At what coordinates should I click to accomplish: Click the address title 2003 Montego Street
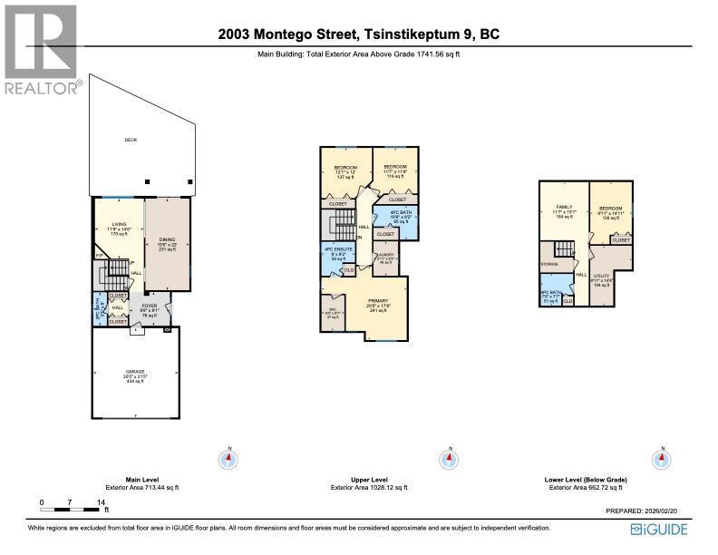[359, 35]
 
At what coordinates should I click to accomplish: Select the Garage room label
[135, 373]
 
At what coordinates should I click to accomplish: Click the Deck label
[130, 140]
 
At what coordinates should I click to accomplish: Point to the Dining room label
[168, 240]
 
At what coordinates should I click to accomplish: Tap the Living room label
[119, 224]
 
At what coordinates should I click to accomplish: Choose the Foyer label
[149, 307]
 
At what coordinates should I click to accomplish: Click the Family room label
[562, 208]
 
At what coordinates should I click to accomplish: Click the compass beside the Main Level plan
[229, 459]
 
